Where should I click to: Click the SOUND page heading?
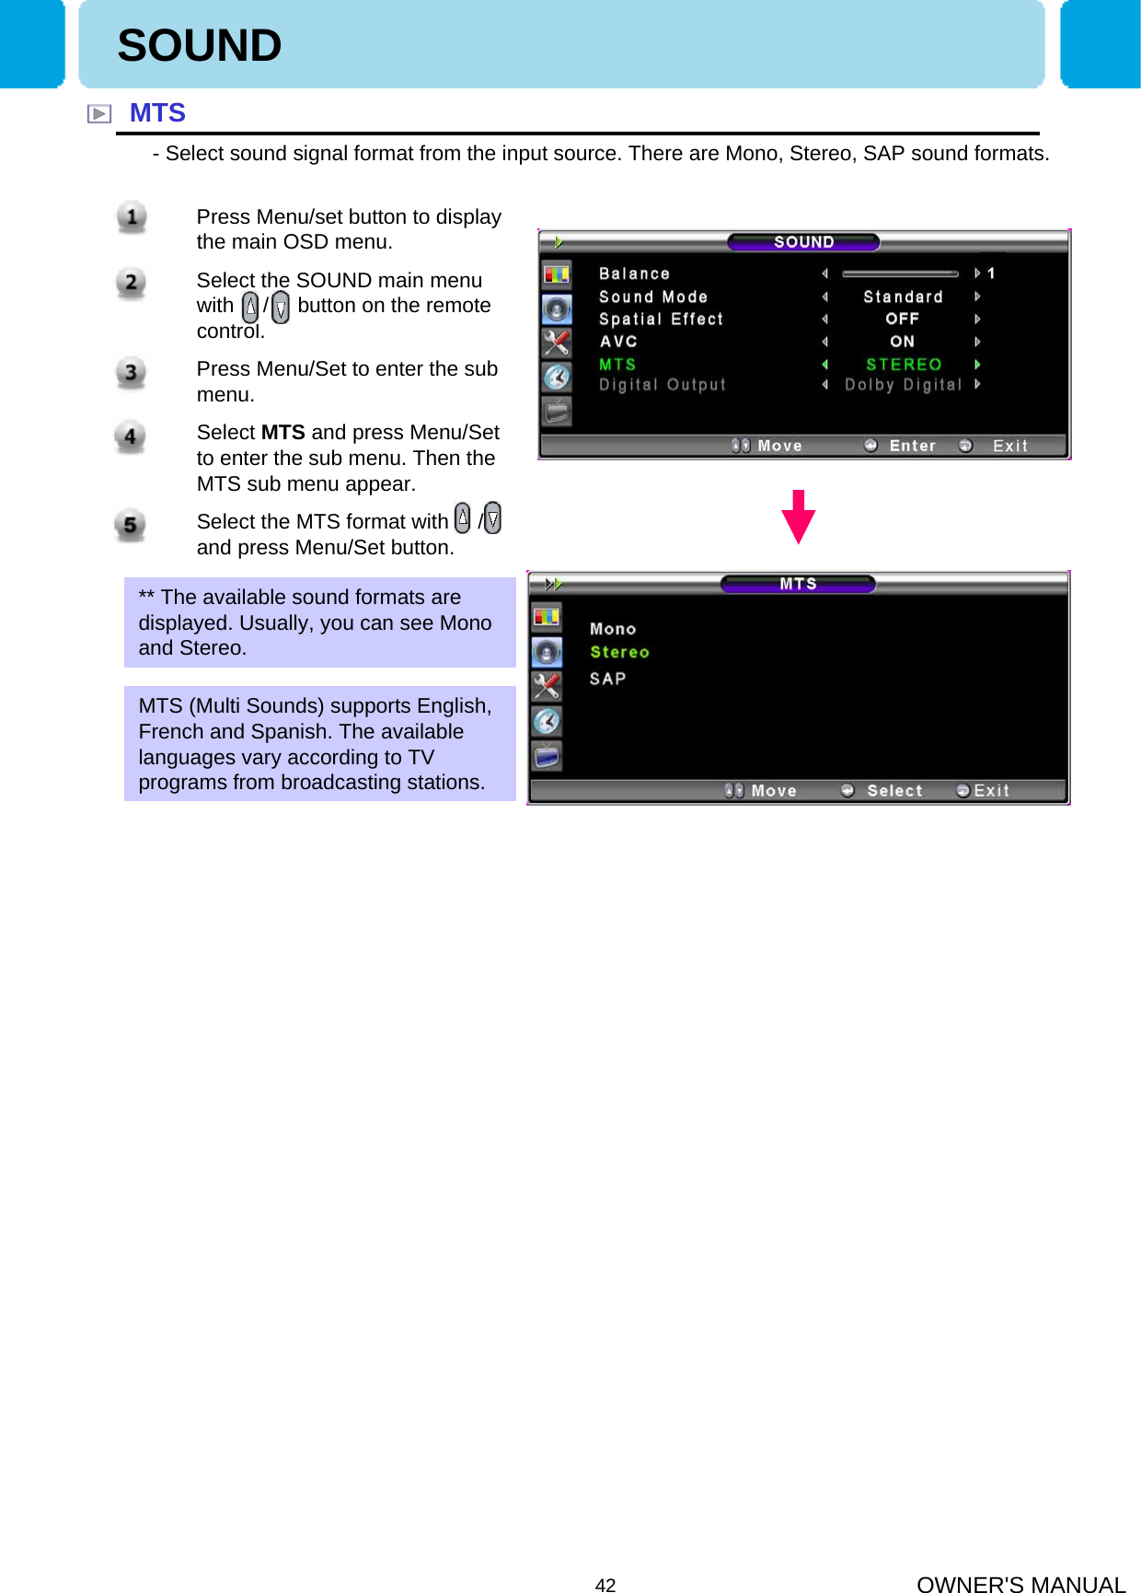click(x=200, y=46)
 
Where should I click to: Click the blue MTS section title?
click(x=157, y=113)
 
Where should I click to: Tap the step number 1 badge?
click(x=132, y=217)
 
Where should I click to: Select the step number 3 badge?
click(x=131, y=373)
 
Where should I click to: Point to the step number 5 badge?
click(x=130, y=526)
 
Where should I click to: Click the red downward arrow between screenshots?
click(x=798, y=517)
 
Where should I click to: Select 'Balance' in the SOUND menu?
click(x=634, y=273)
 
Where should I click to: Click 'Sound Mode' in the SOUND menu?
click(x=653, y=297)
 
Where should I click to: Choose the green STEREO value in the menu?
click(x=904, y=365)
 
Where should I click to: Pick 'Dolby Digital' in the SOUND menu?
click(x=903, y=385)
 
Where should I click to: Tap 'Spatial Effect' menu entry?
click(x=661, y=319)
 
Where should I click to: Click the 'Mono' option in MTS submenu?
click(x=613, y=629)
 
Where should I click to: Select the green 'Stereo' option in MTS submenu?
click(x=619, y=652)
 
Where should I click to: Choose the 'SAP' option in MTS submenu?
click(x=607, y=679)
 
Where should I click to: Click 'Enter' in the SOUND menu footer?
click(x=912, y=446)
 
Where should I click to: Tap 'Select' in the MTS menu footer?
click(x=893, y=791)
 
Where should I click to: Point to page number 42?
click(x=605, y=1585)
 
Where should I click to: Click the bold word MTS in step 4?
click(x=282, y=433)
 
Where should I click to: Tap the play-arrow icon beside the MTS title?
click(x=98, y=114)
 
